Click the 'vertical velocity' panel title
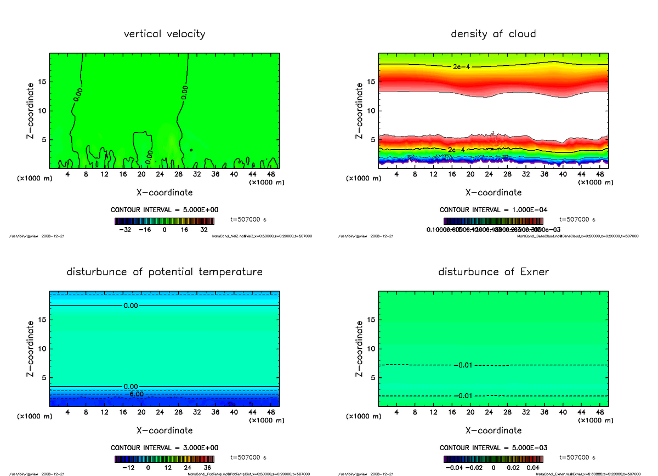(x=164, y=34)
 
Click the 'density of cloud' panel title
(x=493, y=34)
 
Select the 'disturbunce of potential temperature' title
(x=164, y=272)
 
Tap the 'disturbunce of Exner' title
(x=493, y=272)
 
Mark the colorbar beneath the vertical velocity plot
(x=164, y=222)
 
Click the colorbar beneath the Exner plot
(x=493, y=460)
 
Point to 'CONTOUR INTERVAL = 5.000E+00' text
(x=164, y=210)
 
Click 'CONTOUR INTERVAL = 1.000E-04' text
(x=493, y=210)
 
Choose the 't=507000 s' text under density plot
(x=577, y=219)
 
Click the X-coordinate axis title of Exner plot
(x=493, y=430)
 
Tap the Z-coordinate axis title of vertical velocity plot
(x=32, y=111)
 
